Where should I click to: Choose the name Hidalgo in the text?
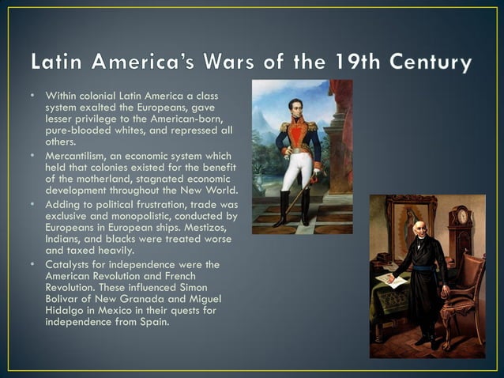[65, 309]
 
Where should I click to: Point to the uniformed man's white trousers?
[298, 169]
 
